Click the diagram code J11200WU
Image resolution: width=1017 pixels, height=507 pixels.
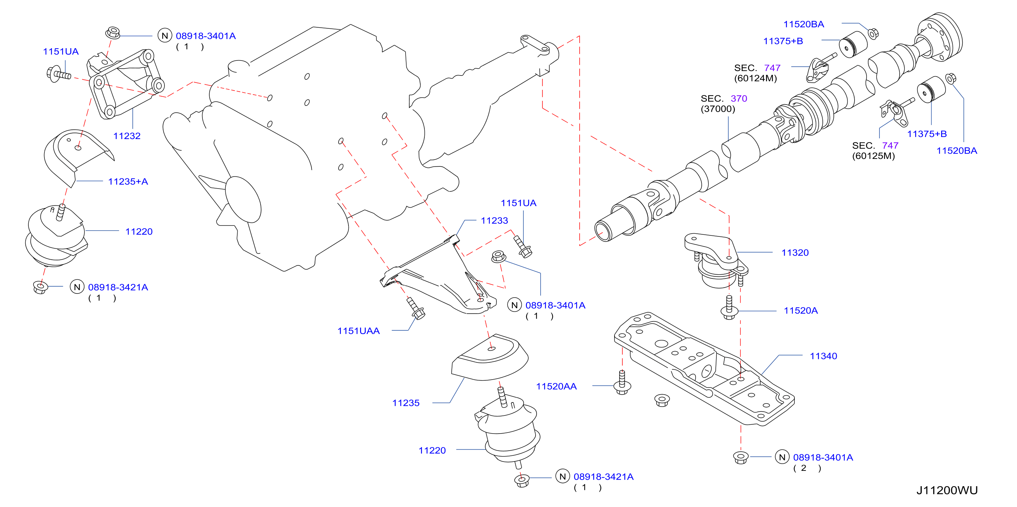click(x=947, y=490)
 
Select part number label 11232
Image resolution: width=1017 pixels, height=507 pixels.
click(x=127, y=136)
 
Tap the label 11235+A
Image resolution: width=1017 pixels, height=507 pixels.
click(x=128, y=181)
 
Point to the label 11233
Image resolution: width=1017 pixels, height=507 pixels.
click(x=494, y=221)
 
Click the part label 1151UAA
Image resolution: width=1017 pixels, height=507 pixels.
click(x=358, y=331)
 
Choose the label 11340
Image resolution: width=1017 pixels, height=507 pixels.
click(x=823, y=356)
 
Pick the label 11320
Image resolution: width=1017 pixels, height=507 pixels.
click(x=795, y=253)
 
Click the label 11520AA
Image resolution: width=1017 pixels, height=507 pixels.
click(x=556, y=387)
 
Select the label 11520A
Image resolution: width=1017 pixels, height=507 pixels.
click(x=801, y=311)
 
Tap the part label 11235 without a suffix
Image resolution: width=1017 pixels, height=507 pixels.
click(x=406, y=403)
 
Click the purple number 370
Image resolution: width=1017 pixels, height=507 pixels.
click(x=739, y=99)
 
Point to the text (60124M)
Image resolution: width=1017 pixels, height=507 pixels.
click(x=755, y=78)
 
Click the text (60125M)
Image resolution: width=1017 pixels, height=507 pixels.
click(x=873, y=156)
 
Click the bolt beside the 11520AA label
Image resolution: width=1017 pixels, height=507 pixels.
click(x=622, y=382)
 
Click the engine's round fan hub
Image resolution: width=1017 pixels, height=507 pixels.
click(x=243, y=200)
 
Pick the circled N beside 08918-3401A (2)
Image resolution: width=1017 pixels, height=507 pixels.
click(x=782, y=457)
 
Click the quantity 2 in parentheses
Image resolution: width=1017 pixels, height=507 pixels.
click(x=803, y=468)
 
